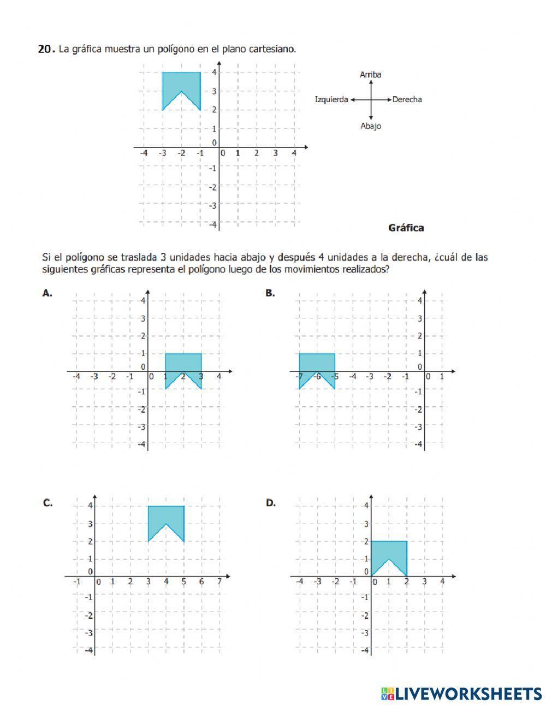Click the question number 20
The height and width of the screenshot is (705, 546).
pyautogui.click(x=45, y=49)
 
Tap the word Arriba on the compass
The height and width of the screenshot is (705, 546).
pyautogui.click(x=371, y=75)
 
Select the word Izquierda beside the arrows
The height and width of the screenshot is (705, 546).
pyautogui.click(x=331, y=99)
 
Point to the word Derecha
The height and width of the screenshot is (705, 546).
pyautogui.click(x=407, y=99)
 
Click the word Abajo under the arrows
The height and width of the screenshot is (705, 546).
pyautogui.click(x=371, y=126)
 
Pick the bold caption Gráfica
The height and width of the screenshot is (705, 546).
pyautogui.click(x=406, y=228)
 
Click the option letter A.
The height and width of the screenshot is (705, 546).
pyautogui.click(x=48, y=293)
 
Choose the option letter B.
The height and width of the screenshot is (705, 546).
pyautogui.click(x=270, y=293)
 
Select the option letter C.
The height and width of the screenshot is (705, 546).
pyautogui.click(x=48, y=503)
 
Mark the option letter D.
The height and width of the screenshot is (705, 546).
pyautogui.click(x=270, y=503)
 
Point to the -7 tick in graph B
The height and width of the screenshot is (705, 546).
pyautogui.click(x=299, y=376)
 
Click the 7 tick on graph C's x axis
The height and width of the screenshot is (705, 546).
pyautogui.click(x=219, y=582)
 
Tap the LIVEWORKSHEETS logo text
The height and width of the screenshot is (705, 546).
pyautogui.click(x=468, y=694)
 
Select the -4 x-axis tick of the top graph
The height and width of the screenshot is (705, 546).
pyautogui.click(x=144, y=153)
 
